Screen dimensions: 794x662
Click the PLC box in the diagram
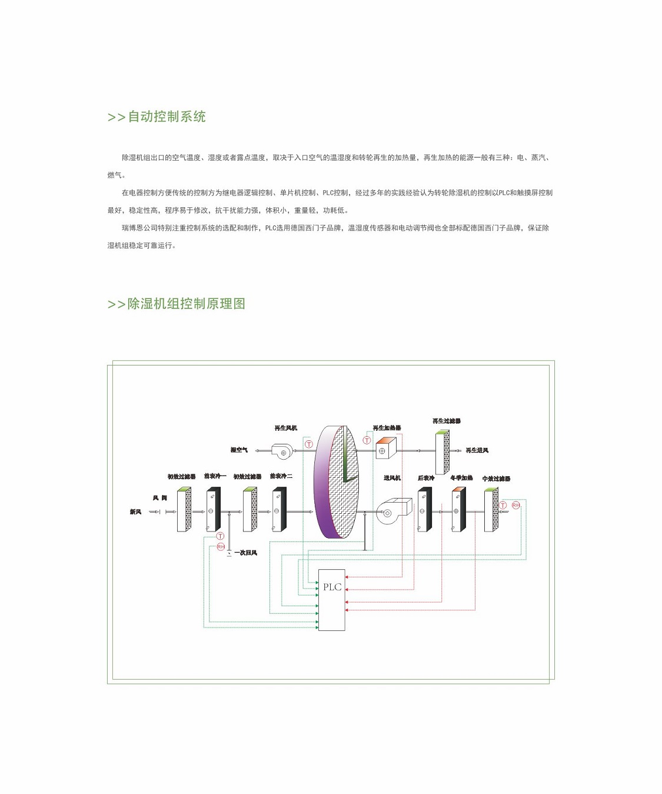tap(331, 599)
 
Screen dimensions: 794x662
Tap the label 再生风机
tap(286, 428)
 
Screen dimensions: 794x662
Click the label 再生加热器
tap(387, 428)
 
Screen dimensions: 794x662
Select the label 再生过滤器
tap(447, 421)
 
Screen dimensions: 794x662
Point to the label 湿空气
tap(239, 450)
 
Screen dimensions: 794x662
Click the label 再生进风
tap(477, 450)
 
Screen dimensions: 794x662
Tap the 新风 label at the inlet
tap(135, 511)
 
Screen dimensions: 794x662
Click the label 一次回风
tap(245, 553)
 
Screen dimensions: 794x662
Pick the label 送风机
tap(392, 478)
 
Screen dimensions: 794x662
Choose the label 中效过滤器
tap(496, 479)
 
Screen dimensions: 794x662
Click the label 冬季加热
tap(461, 478)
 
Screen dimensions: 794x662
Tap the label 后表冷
tap(426, 478)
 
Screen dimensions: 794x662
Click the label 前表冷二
tap(281, 476)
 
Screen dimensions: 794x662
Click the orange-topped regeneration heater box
tap(385, 449)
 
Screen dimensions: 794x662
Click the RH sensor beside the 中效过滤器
tap(515, 506)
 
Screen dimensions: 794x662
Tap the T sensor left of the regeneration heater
tap(367, 440)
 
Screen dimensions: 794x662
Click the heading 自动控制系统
tap(157, 117)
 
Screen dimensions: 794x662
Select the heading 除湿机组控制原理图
tap(176, 304)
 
